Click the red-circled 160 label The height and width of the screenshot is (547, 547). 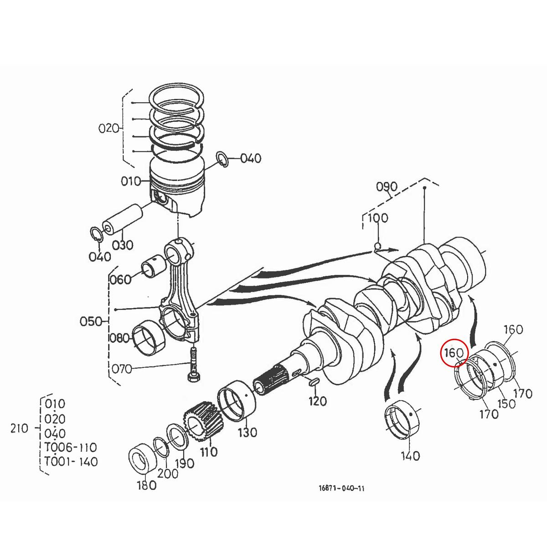click(454, 353)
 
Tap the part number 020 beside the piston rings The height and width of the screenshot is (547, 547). click(108, 129)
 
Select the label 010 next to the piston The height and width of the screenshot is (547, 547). click(131, 182)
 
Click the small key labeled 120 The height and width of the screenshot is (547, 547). click(314, 382)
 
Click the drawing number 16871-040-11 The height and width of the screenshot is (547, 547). click(342, 488)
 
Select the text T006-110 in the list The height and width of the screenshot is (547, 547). click(71, 447)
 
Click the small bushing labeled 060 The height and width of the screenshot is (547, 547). click(153, 268)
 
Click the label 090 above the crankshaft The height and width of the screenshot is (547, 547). click(387, 187)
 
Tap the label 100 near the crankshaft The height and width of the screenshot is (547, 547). click(377, 218)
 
